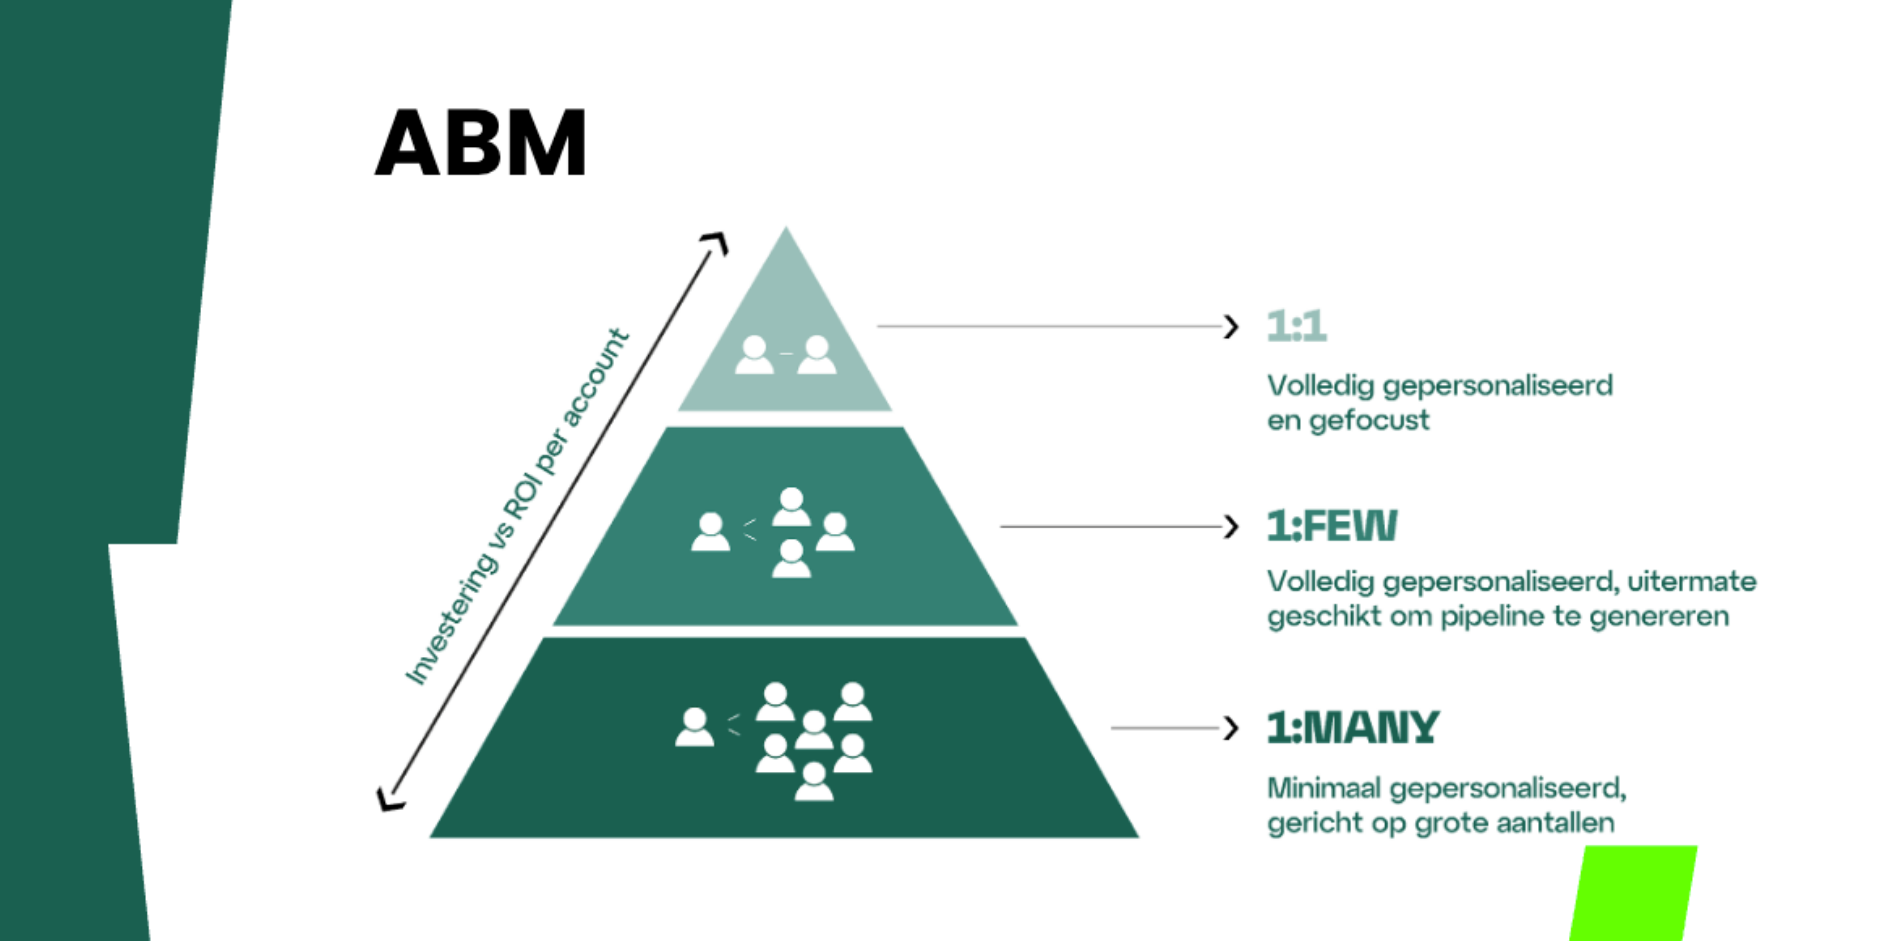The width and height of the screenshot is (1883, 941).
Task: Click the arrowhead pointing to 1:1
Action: (1232, 326)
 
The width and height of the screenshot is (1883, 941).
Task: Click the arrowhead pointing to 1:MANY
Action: (1232, 728)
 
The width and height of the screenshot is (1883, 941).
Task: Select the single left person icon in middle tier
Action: (710, 532)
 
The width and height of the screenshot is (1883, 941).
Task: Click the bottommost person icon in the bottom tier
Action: (813, 782)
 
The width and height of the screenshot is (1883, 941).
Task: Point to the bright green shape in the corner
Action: (1635, 893)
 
